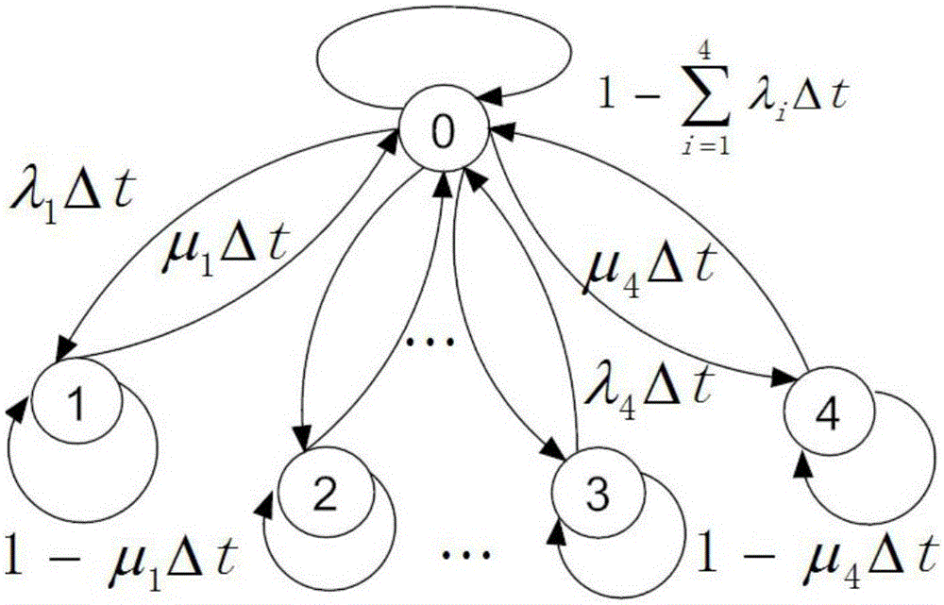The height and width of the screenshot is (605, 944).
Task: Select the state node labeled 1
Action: tap(77, 406)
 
